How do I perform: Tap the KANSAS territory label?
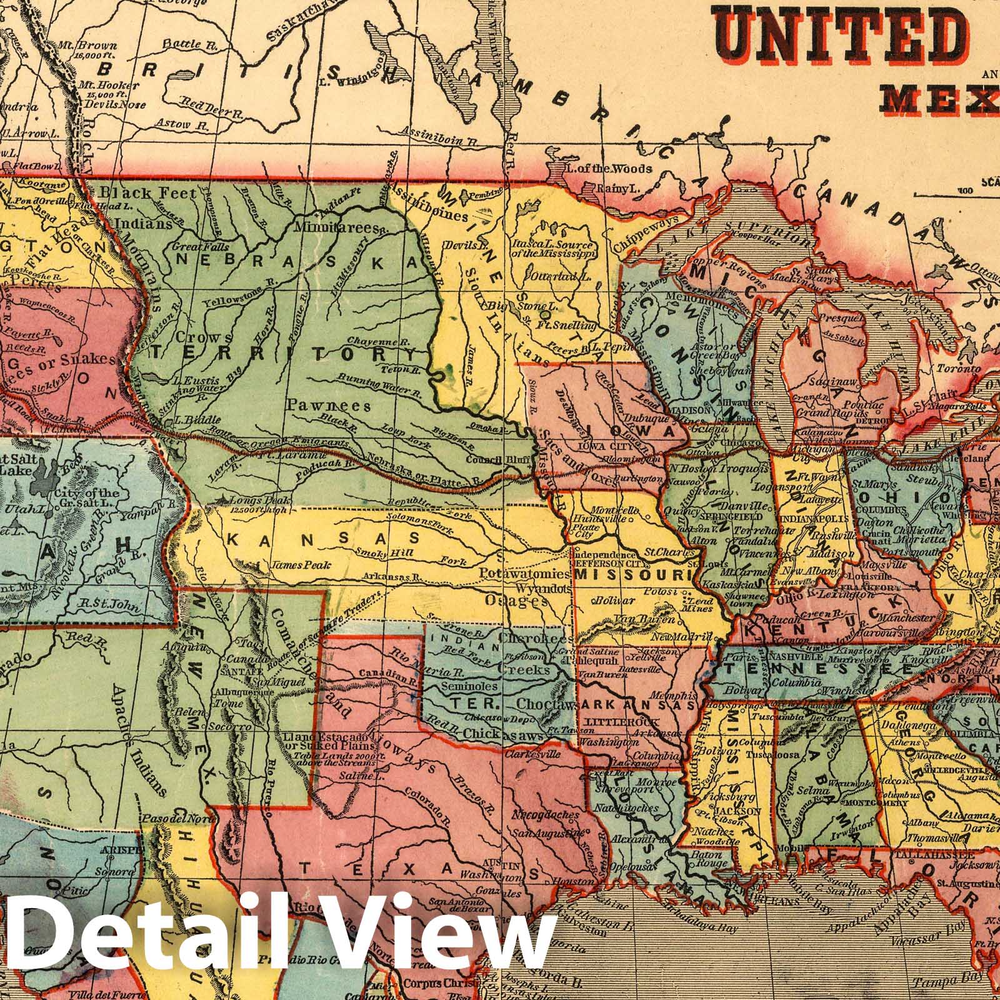(322, 537)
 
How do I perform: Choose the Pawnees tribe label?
(327, 406)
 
